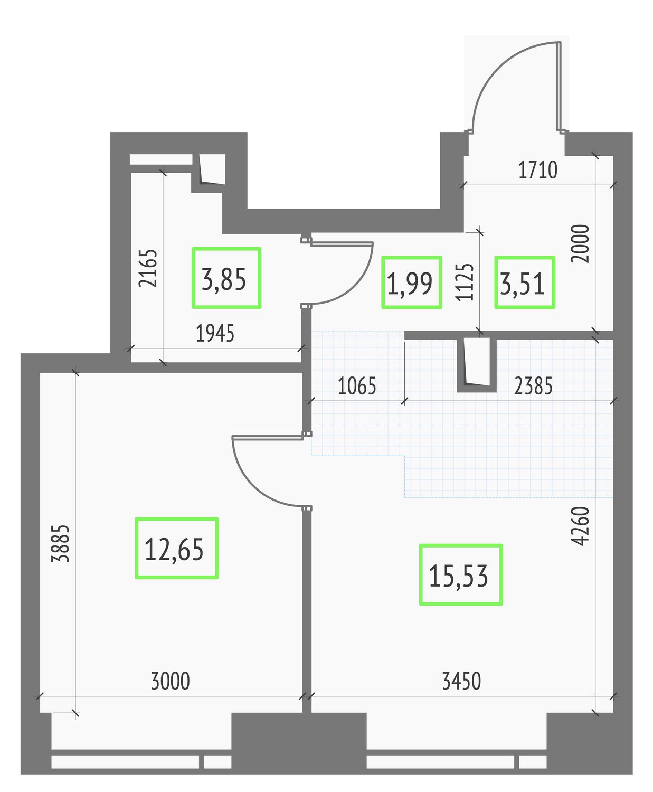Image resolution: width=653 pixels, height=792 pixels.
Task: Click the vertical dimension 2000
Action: pos(580,243)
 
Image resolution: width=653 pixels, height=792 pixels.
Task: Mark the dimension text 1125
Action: pos(465,282)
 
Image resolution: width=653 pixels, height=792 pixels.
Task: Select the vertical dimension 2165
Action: pos(147,268)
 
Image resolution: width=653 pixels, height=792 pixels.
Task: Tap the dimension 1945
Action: pos(215,333)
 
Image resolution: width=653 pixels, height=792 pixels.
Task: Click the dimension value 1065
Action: pos(357,386)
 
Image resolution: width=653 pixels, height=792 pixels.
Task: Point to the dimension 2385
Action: pos(533,386)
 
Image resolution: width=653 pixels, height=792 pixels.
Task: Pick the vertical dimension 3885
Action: pos(60,543)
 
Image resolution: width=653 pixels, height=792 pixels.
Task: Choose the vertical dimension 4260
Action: pos(580,526)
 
